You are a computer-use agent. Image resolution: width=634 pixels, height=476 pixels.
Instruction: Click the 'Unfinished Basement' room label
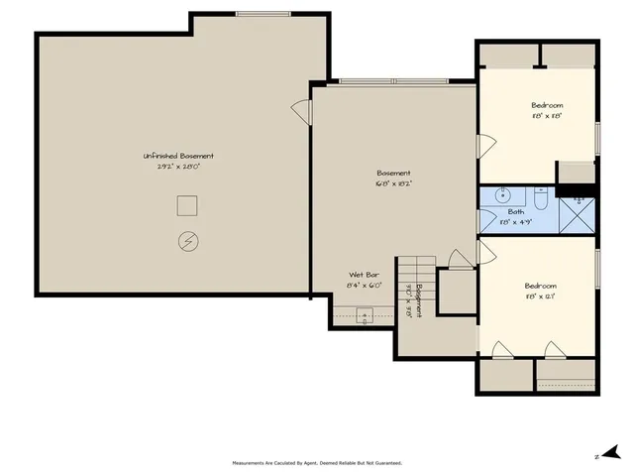click(178, 156)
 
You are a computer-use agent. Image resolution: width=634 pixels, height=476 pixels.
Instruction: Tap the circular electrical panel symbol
click(187, 240)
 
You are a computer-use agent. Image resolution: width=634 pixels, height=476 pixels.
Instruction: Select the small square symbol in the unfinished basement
click(186, 205)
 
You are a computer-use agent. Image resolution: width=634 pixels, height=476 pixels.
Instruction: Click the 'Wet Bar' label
click(364, 275)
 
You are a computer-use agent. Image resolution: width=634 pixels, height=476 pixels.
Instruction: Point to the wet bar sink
click(364, 317)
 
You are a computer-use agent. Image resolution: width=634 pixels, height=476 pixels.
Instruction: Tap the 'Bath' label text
click(516, 211)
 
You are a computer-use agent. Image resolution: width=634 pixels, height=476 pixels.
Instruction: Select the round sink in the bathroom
click(502, 195)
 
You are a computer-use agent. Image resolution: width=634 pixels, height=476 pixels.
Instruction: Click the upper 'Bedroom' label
click(547, 105)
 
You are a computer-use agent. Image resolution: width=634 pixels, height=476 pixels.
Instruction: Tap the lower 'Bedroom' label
click(540, 286)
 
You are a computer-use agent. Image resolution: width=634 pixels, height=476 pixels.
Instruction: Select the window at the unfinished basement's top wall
click(263, 14)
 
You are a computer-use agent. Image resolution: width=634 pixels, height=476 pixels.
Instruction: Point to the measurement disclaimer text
click(317, 462)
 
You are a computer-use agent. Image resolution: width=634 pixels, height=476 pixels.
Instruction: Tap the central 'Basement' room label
click(392, 173)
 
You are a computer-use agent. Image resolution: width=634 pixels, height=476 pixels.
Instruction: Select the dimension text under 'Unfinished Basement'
click(178, 167)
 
